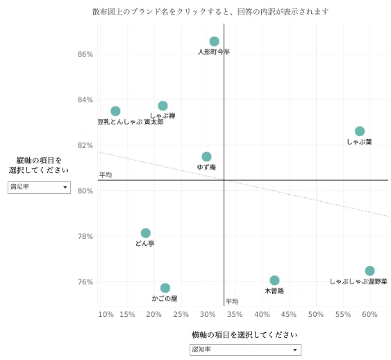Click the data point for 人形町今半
click(214, 42)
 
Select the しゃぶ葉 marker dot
click(360, 131)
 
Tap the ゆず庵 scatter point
click(206, 156)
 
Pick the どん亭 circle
click(146, 233)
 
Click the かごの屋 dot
click(165, 288)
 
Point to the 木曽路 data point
click(274, 280)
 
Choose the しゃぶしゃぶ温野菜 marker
click(369, 270)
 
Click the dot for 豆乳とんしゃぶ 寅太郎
click(115, 111)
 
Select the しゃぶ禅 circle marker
click(163, 106)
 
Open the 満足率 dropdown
click(39, 188)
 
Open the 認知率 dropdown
click(245, 350)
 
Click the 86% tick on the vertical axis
click(85, 54)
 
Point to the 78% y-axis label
click(85, 236)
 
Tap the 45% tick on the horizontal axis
click(289, 314)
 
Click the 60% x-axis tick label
click(369, 314)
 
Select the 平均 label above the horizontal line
click(106, 174)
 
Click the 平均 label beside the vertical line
click(232, 302)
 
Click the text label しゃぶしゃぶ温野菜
click(358, 281)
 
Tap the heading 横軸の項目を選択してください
click(244, 334)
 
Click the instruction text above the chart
click(210, 12)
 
